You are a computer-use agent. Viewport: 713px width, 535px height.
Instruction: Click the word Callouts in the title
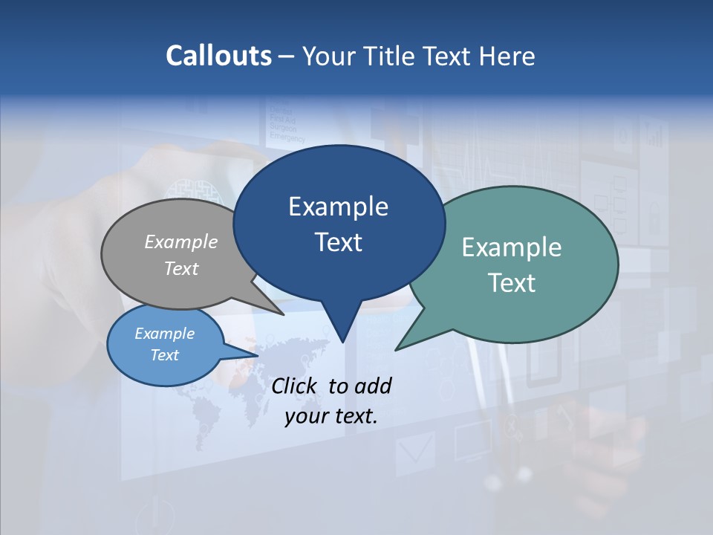(218, 56)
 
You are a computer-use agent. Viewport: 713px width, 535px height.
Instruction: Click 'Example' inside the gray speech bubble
(180, 241)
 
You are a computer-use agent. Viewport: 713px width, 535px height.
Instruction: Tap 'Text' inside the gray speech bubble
(180, 268)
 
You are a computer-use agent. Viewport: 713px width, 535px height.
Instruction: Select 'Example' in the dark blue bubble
(338, 207)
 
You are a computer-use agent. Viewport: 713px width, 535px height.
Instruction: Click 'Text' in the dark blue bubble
(338, 242)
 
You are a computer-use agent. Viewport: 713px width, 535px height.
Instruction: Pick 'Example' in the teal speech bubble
(512, 247)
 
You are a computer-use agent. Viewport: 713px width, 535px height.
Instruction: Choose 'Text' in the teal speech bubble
(512, 282)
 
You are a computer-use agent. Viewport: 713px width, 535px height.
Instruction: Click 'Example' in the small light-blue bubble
(164, 334)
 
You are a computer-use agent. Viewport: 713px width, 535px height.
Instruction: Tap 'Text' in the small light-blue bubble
(164, 355)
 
